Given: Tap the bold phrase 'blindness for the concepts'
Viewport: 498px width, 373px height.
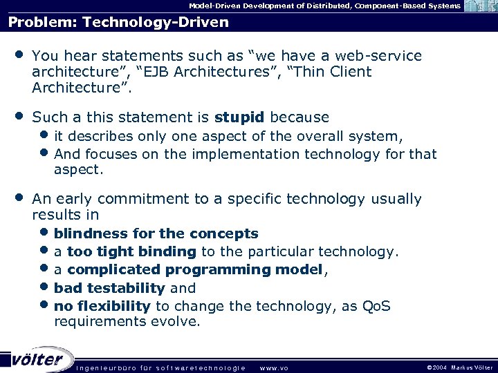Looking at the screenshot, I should point(156,233).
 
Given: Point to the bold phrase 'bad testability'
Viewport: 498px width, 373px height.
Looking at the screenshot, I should point(110,287).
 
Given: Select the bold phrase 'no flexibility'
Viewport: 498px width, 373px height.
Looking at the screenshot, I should point(102,305).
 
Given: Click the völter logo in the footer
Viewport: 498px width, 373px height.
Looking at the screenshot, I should point(38,358).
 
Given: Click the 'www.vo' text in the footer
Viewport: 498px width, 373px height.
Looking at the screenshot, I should point(274,367).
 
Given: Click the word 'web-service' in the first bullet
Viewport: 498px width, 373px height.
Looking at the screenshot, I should point(384,56).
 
